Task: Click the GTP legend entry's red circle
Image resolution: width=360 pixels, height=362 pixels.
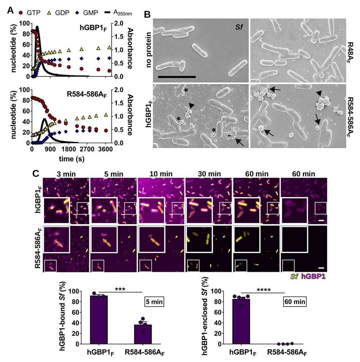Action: click(x=20, y=13)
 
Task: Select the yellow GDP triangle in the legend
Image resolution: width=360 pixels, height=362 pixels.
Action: click(x=49, y=13)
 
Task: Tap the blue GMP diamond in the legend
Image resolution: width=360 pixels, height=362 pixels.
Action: click(x=77, y=13)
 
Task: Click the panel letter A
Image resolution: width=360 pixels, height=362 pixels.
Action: click(x=10, y=11)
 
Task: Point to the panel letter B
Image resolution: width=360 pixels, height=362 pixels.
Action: click(x=147, y=14)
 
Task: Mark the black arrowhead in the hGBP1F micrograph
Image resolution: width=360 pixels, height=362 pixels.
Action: click(x=191, y=105)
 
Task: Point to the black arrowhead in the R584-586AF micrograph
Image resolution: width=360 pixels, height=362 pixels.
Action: click(x=319, y=93)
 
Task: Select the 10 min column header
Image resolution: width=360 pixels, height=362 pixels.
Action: click(x=161, y=174)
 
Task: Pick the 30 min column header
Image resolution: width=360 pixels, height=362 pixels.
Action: click(x=209, y=174)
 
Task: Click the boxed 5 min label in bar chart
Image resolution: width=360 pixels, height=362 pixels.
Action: click(x=154, y=302)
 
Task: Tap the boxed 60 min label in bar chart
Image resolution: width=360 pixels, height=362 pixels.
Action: click(x=295, y=302)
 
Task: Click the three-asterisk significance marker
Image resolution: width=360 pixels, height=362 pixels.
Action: click(x=120, y=289)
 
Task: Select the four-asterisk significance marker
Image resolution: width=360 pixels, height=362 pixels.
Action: click(x=263, y=290)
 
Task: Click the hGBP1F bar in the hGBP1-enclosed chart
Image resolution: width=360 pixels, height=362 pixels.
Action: click(x=241, y=321)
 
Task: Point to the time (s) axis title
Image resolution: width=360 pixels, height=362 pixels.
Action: click(x=72, y=159)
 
